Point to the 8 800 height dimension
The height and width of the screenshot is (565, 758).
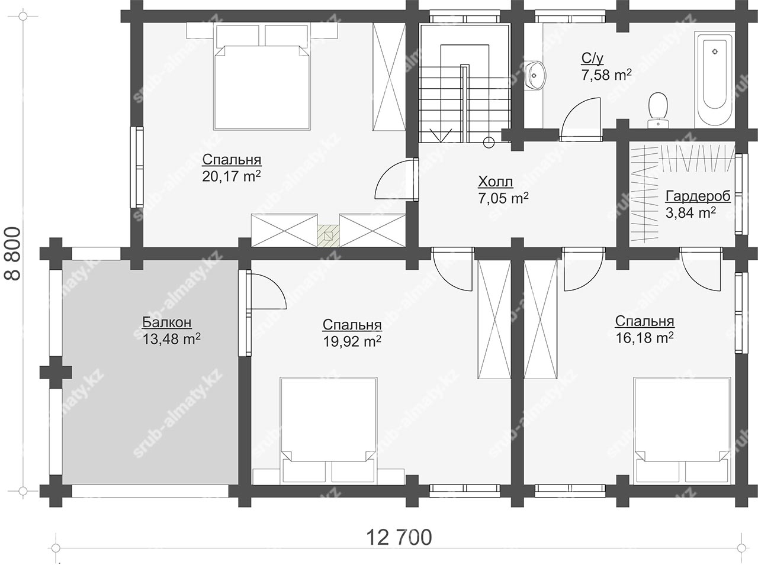click(x=13, y=253)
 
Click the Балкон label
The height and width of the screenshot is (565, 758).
click(x=167, y=322)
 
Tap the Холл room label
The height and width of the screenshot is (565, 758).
click(x=496, y=182)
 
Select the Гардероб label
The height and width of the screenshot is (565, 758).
click(x=698, y=196)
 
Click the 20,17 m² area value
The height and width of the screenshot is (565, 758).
click(x=231, y=176)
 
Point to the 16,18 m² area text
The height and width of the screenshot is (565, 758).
click(x=644, y=338)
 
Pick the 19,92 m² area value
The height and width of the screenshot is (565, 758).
click(x=352, y=341)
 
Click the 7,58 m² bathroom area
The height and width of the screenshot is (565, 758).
click(x=607, y=75)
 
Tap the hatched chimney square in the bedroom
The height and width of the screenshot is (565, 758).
click(x=329, y=235)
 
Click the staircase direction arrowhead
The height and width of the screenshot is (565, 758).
click(x=441, y=135)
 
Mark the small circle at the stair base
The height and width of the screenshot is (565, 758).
click(x=489, y=142)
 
